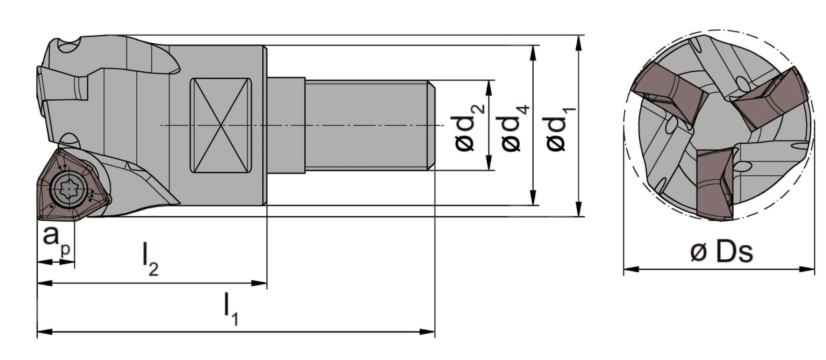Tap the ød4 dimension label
[x=515, y=128]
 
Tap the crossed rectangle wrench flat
[x=221, y=125]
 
